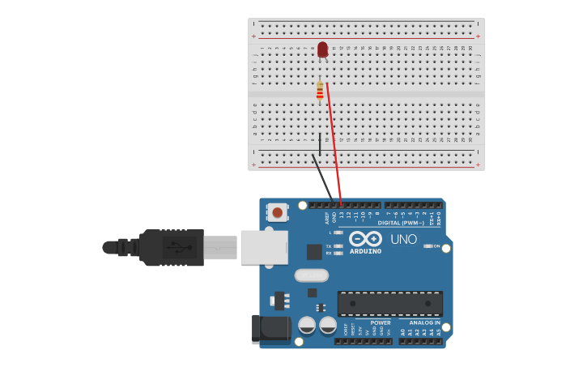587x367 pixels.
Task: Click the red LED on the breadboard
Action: [322, 50]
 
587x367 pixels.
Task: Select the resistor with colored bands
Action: [320, 91]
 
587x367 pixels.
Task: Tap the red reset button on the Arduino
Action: [278, 212]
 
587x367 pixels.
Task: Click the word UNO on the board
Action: [403, 240]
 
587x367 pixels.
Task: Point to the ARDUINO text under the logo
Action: [365, 251]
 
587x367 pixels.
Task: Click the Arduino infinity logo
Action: [365, 239]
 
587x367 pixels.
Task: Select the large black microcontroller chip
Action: [389, 304]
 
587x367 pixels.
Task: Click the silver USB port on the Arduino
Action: [263, 247]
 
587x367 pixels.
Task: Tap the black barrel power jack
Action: [270, 329]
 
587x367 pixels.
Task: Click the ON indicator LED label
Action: [436, 245]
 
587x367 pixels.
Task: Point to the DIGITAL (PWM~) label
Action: [401, 222]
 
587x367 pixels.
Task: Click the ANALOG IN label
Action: [424, 322]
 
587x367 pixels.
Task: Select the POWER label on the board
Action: [381, 322]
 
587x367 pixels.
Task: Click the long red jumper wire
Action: [334, 142]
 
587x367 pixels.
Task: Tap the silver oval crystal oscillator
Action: [311, 275]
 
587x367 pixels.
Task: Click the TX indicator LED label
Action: [329, 245]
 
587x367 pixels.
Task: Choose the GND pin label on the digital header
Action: [334, 217]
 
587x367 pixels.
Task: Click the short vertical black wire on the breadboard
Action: [320, 144]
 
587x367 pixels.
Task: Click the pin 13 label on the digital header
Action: [341, 216]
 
